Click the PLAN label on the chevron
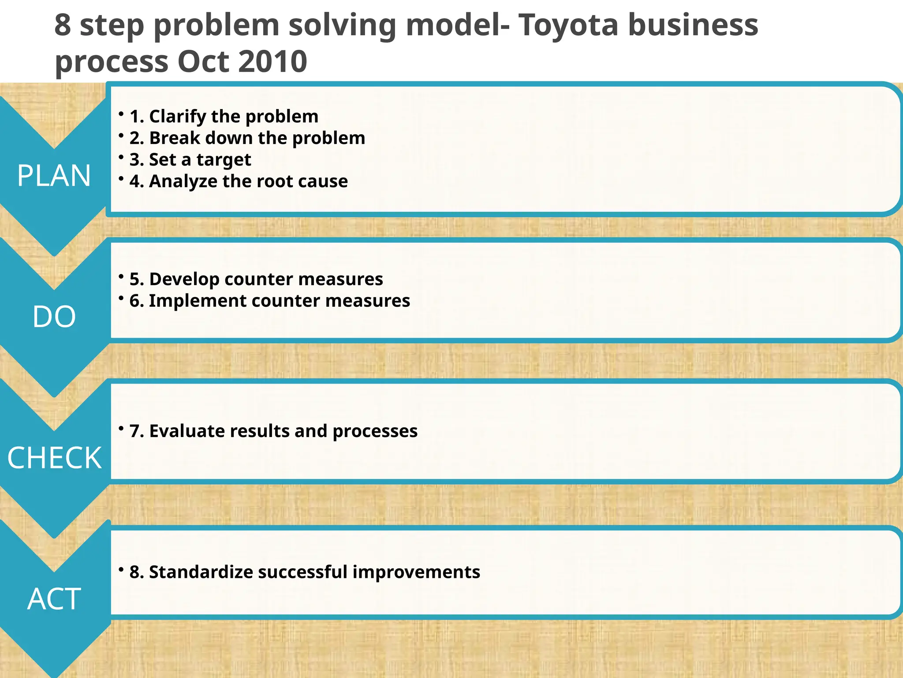54,176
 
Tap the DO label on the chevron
54,316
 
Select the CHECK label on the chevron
54,458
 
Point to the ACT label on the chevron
54,599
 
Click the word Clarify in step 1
178,117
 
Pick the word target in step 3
224,160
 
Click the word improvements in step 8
416,572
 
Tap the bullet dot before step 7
121,428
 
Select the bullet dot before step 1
121,113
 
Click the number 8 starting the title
63,25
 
